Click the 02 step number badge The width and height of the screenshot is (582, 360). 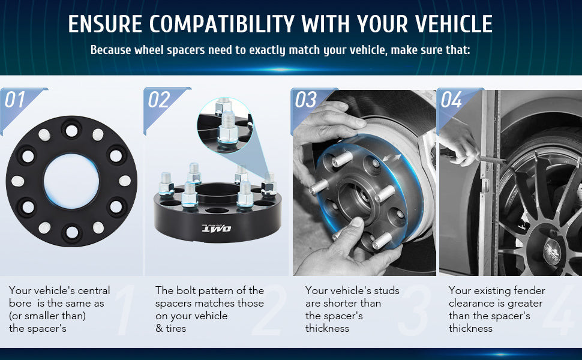click(x=159, y=100)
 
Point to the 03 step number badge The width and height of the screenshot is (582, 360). click(x=305, y=100)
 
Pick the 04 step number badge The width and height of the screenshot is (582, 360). click(x=452, y=100)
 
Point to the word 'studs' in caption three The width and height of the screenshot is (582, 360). click(x=385, y=290)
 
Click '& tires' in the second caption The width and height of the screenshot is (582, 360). click(x=170, y=328)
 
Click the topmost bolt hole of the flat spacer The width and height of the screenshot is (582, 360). click(x=71, y=130)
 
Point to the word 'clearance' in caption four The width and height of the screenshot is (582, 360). click(x=474, y=303)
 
